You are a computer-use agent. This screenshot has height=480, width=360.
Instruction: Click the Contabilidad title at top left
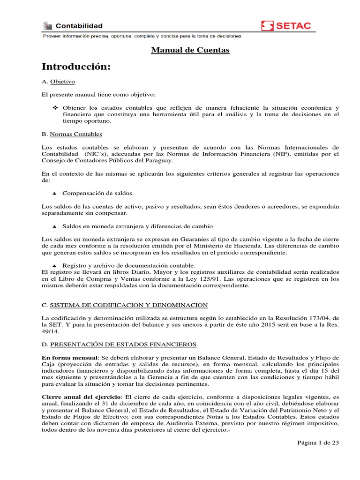point(79,26)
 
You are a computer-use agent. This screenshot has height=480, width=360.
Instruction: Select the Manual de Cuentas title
point(190,50)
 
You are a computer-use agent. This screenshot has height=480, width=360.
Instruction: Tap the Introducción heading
point(76,67)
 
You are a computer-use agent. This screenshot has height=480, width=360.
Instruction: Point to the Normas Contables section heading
point(75,134)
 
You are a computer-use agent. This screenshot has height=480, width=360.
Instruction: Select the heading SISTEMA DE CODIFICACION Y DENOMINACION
point(129,305)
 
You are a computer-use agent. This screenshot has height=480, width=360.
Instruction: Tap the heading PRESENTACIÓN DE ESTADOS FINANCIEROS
point(123,345)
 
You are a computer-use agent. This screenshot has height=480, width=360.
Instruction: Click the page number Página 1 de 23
point(318,442)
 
